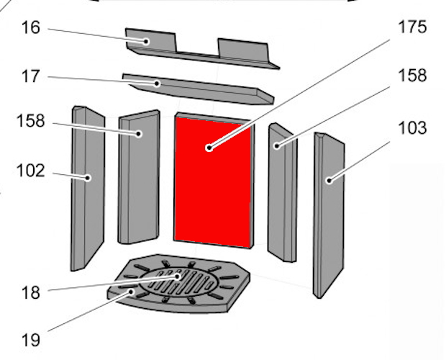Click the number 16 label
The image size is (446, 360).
coord(31,28)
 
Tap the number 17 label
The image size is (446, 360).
coord(30,76)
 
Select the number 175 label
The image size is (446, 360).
coord(412,27)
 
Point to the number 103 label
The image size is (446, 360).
coord(412,128)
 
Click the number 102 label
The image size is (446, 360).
coord(31,171)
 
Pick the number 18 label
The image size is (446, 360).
coord(30,292)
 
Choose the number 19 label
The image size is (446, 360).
coord(30,340)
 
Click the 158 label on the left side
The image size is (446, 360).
coord(31,121)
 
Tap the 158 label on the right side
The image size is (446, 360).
coord(412,76)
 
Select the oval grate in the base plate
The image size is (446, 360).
coord(179,282)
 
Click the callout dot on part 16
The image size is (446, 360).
coord(146,42)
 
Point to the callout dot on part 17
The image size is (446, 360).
coord(157,84)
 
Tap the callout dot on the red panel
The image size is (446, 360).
coord(209,148)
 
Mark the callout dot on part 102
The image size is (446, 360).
coord(88,178)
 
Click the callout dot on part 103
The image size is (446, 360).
coord(329,181)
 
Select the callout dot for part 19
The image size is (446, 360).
coord(131,292)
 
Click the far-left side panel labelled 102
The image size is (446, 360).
coord(88,189)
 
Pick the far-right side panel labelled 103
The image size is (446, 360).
coord(329,215)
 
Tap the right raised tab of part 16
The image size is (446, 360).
coord(243,50)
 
